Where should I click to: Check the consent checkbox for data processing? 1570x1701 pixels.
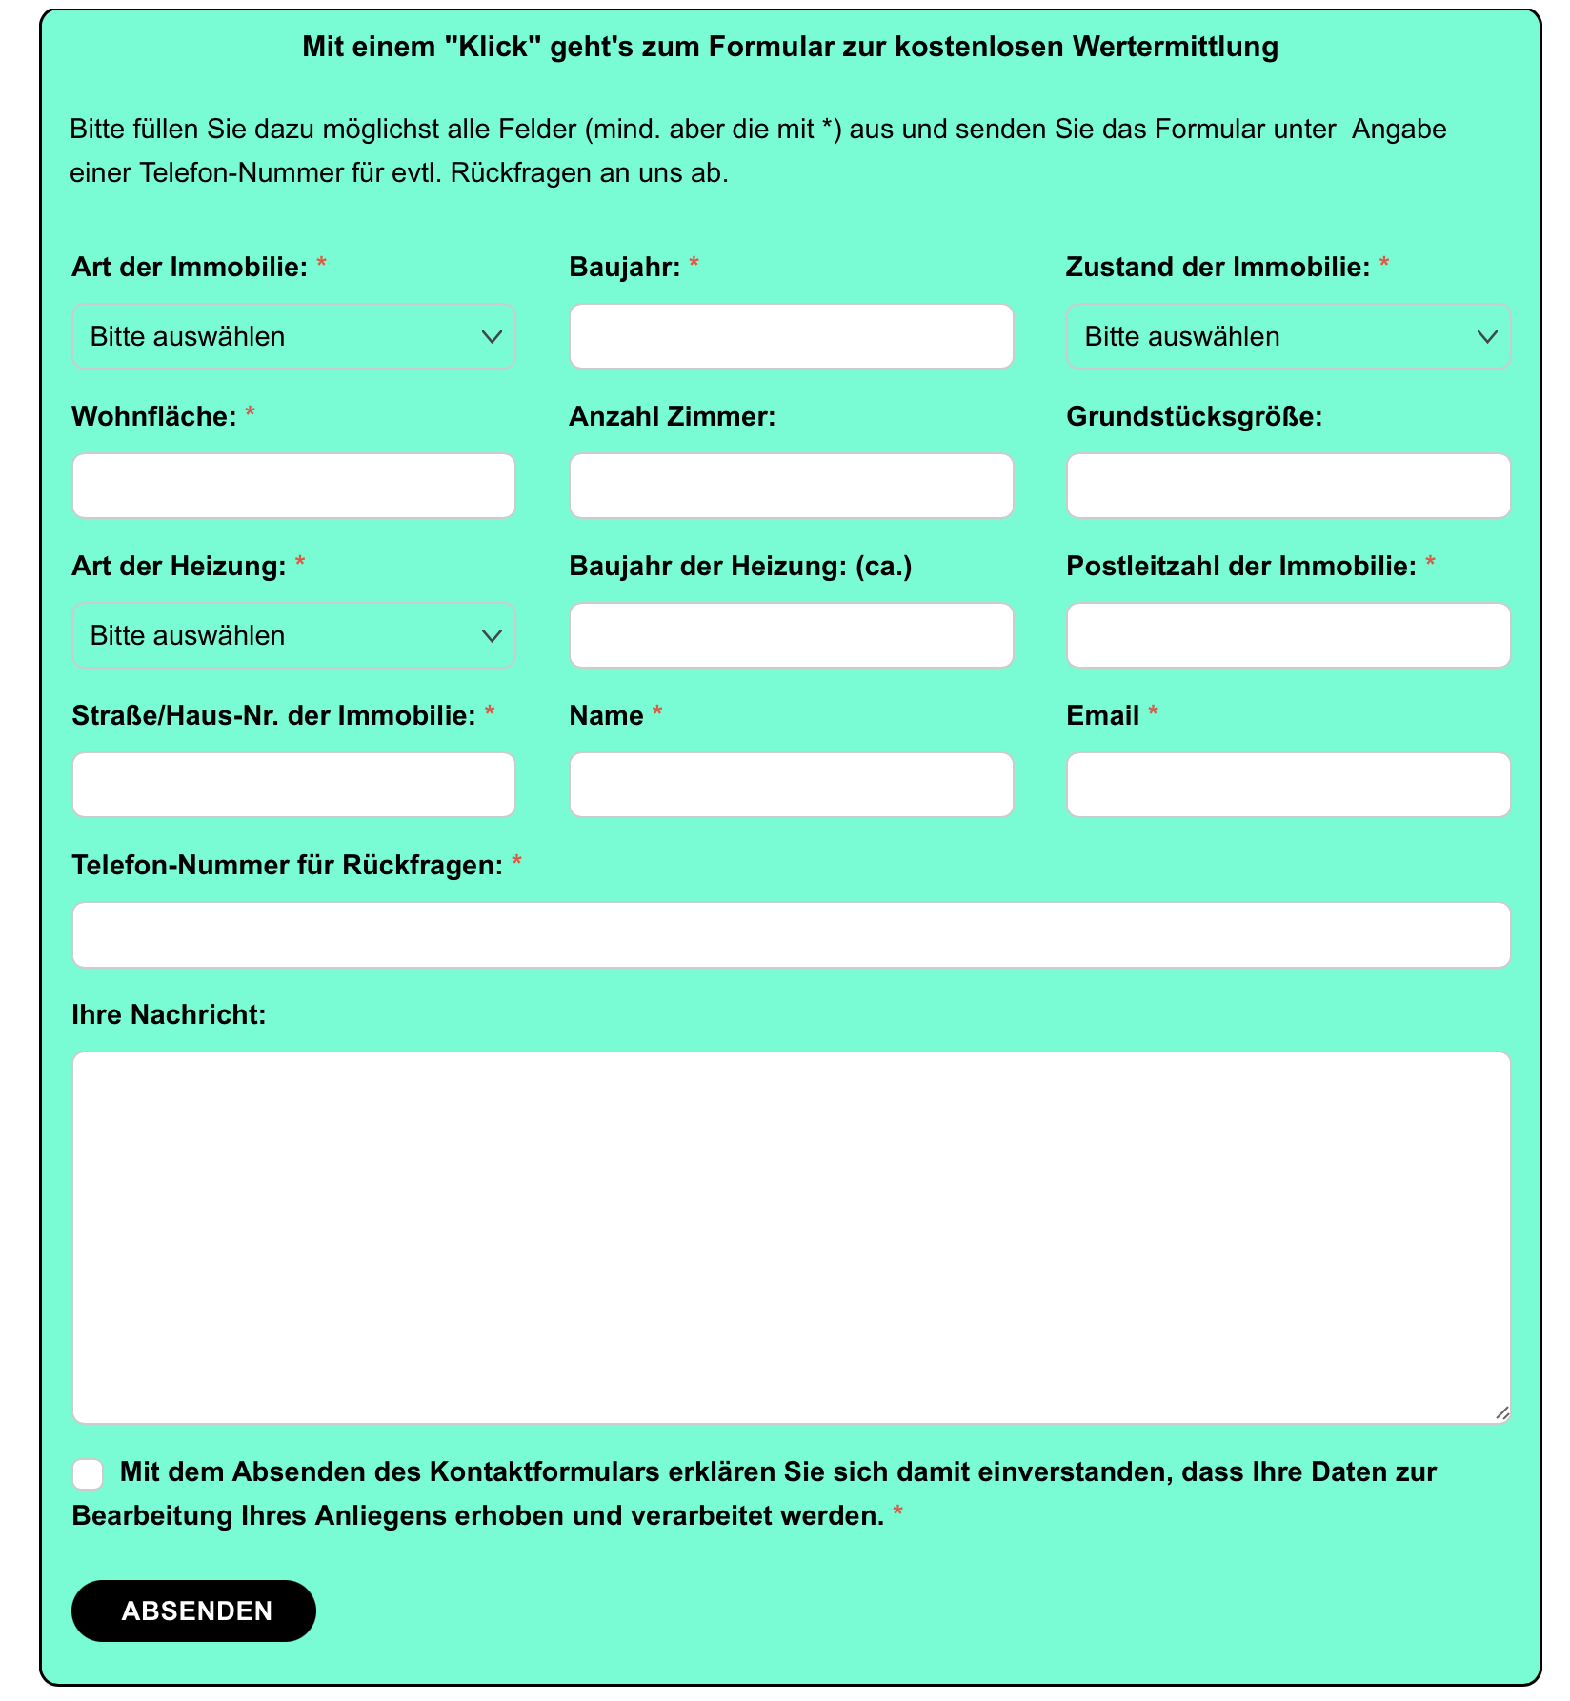(x=88, y=1473)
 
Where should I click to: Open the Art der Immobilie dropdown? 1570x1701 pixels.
(x=293, y=336)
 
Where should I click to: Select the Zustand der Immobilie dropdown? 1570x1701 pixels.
(x=1288, y=336)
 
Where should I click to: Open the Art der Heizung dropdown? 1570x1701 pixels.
(x=293, y=635)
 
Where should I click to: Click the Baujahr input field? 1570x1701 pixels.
(x=791, y=336)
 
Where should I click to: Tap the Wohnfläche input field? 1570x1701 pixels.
(x=293, y=486)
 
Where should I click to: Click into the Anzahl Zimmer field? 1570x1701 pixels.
(x=791, y=486)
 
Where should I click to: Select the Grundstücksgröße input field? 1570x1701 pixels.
(x=1288, y=486)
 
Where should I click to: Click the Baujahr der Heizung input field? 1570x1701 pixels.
(x=791, y=635)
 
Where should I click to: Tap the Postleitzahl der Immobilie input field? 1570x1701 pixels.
(x=1288, y=635)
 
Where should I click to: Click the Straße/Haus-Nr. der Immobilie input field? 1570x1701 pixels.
(x=293, y=785)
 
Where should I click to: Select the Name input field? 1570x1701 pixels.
(x=791, y=785)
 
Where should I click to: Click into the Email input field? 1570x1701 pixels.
(x=1288, y=785)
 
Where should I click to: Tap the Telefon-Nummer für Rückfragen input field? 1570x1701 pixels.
(x=791, y=934)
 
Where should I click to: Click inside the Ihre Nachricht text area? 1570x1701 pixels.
(x=791, y=1236)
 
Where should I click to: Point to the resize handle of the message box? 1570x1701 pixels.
(x=1501, y=1413)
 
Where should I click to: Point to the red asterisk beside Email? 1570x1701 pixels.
(x=1153, y=712)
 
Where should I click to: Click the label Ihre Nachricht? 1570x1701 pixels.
(x=169, y=1014)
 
